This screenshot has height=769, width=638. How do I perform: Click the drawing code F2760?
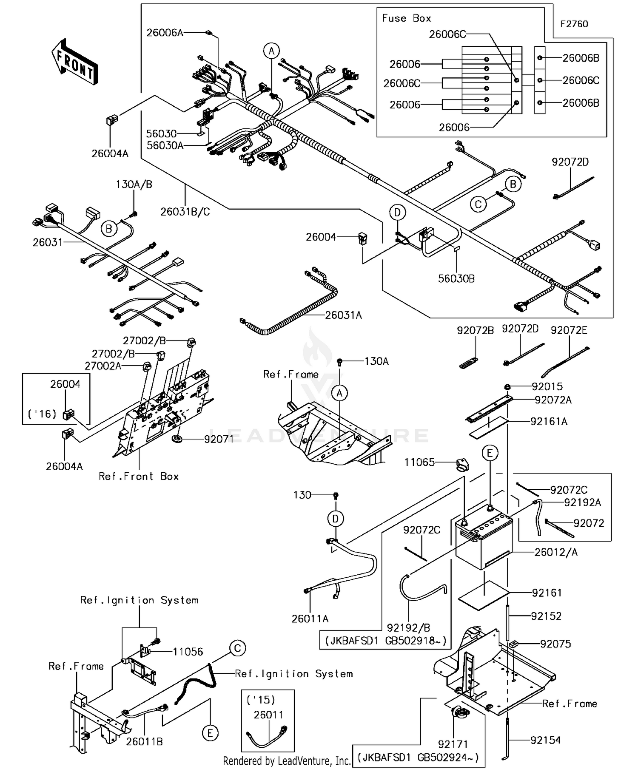point(574,24)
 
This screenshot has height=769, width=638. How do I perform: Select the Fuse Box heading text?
point(406,18)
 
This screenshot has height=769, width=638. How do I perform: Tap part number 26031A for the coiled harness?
point(343,315)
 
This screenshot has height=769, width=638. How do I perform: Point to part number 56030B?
point(456,278)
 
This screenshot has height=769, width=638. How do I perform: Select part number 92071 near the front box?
point(219,439)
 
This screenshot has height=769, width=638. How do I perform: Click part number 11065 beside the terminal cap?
point(419,462)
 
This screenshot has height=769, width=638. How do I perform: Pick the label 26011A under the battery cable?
point(310,619)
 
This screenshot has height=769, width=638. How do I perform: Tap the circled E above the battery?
point(490,453)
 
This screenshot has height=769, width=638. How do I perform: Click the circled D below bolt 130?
point(336,519)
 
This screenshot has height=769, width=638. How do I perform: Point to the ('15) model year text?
point(261,700)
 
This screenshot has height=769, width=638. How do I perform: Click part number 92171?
point(453,744)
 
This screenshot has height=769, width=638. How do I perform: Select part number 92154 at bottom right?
point(545,740)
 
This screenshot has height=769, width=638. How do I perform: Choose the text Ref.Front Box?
point(139,477)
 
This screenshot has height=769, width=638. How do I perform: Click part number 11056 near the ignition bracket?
point(188,652)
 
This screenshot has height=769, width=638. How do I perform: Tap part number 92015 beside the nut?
point(547,386)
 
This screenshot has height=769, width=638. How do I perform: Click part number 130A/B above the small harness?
point(134,184)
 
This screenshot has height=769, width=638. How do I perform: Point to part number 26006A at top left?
point(165,33)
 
